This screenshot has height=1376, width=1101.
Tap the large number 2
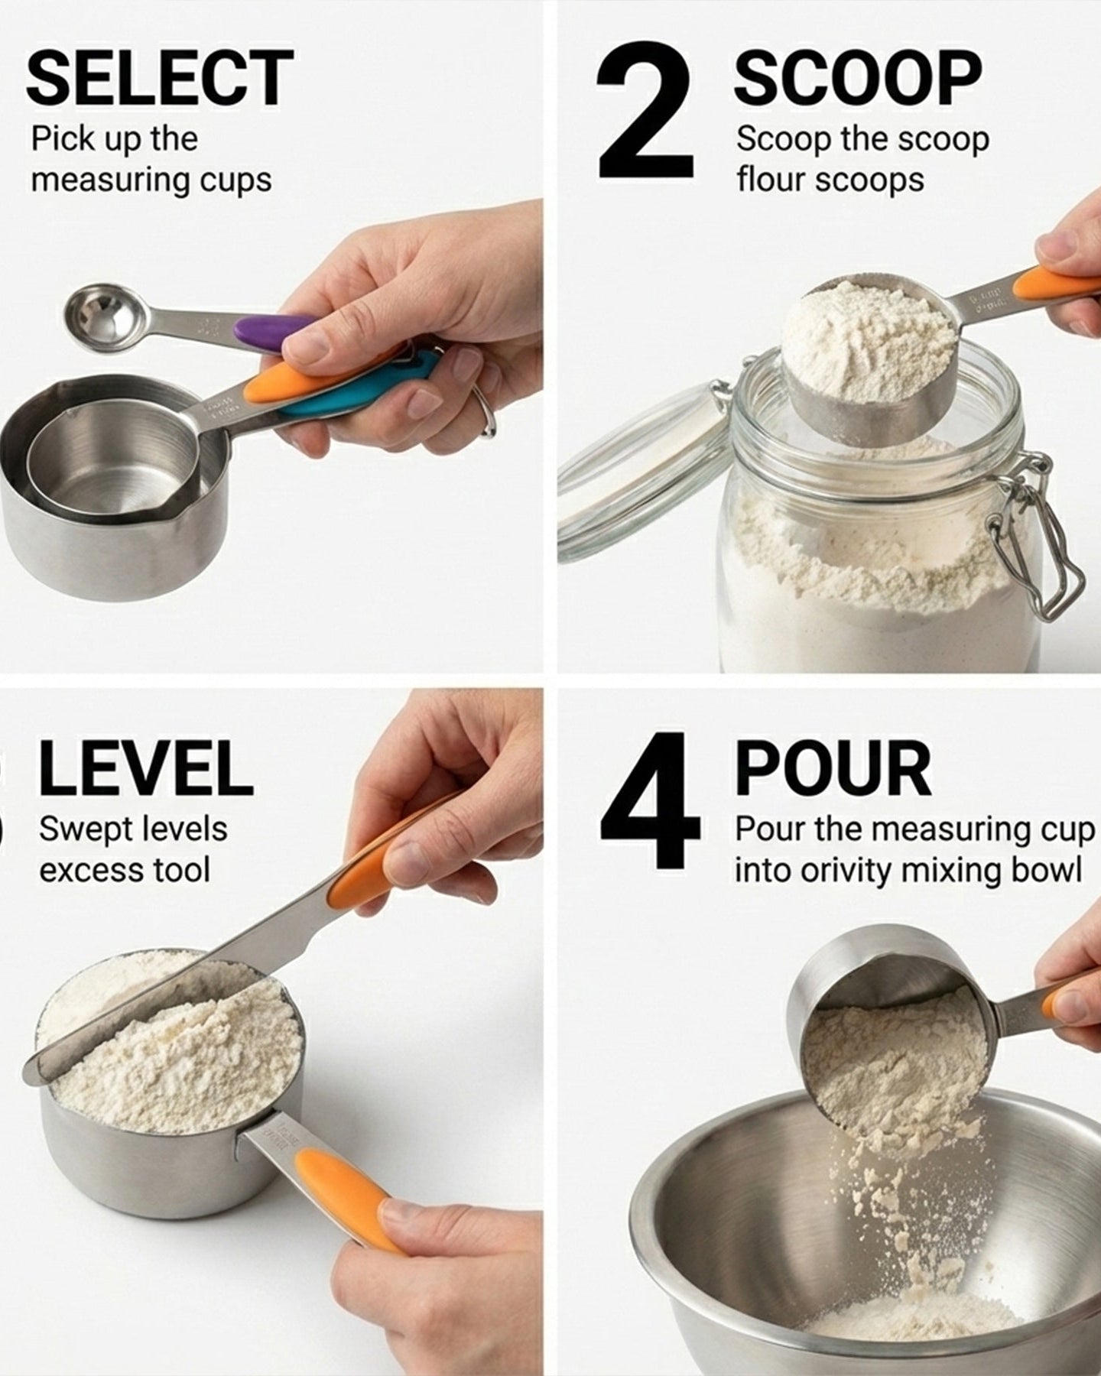click(x=646, y=112)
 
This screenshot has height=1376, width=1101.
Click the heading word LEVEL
click(x=145, y=768)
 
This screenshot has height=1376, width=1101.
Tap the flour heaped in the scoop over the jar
click(x=868, y=340)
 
